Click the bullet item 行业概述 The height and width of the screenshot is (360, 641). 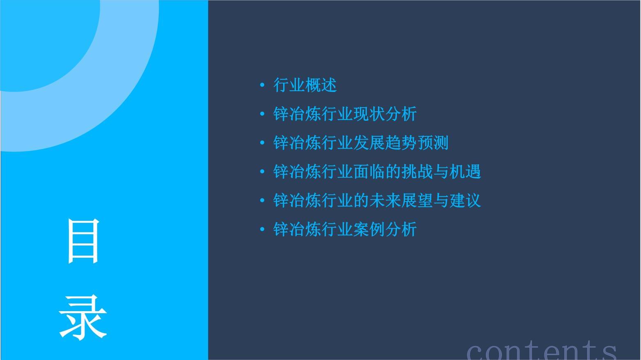(305, 85)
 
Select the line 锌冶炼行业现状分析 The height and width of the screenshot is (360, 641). (345, 114)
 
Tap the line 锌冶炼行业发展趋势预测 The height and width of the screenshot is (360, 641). (361, 143)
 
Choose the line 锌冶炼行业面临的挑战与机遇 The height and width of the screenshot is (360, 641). (377, 172)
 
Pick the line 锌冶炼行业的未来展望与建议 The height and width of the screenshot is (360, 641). (377, 200)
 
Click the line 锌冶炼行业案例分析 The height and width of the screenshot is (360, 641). (345, 229)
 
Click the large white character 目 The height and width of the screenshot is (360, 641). (83, 241)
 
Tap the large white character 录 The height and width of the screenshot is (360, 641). (83, 318)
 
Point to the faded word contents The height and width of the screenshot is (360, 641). (541, 350)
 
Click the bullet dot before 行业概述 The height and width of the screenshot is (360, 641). (262, 85)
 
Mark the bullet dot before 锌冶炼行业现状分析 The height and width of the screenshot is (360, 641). (262, 114)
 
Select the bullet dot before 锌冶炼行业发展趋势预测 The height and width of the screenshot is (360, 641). (262, 143)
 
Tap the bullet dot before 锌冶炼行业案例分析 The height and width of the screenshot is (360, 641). (262, 229)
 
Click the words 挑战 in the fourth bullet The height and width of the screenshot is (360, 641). (417, 172)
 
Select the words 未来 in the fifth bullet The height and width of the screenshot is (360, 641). (385, 200)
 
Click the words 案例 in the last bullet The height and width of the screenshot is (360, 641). (369, 229)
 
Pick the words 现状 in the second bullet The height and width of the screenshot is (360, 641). (369, 114)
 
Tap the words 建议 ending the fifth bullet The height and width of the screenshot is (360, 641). (465, 200)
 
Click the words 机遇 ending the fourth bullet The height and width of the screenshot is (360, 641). (465, 172)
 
